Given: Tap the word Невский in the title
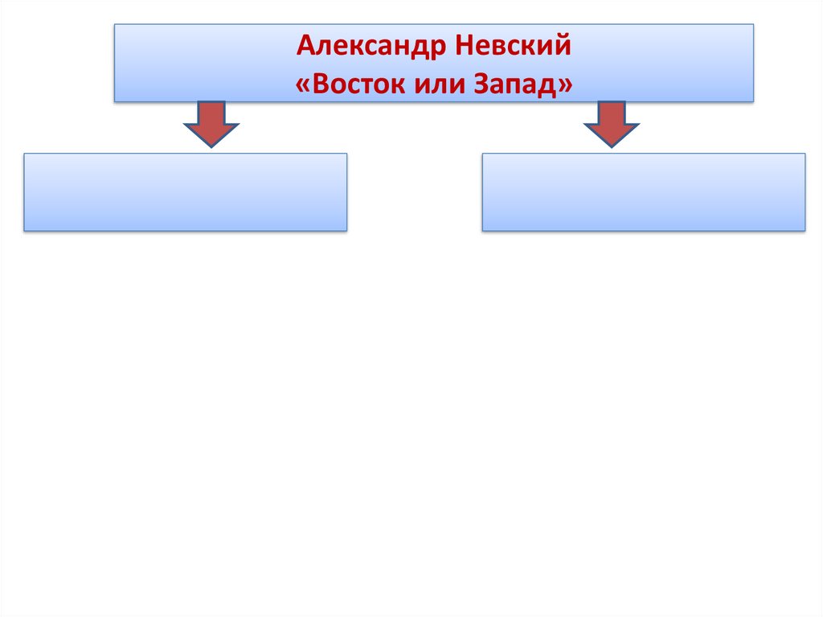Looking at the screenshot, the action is click(514, 47).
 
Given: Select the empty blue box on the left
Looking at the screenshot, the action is click(186, 192).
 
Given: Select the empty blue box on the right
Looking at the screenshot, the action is click(644, 192).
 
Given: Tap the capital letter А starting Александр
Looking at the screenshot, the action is click(305, 47).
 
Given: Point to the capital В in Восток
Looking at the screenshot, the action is click(319, 84).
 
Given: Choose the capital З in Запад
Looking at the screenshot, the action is click(479, 84).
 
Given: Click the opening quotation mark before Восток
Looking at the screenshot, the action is click(302, 84).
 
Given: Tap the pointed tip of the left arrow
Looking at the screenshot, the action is click(211, 146).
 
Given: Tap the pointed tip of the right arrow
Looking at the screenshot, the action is click(612, 146).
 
